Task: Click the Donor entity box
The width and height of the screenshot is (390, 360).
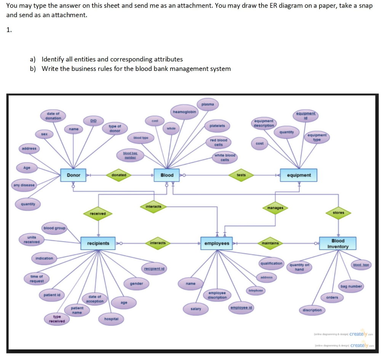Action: point(74,175)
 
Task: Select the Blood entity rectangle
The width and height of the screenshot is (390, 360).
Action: point(167,175)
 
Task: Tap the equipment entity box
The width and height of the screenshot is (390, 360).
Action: point(299,175)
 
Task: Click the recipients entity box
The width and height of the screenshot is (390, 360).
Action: point(98,243)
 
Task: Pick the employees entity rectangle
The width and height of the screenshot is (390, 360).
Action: point(217,243)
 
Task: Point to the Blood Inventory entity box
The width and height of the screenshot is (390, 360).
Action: point(338,243)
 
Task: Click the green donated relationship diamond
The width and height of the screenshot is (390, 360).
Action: point(119,175)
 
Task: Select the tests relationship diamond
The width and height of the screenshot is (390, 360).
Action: point(241,175)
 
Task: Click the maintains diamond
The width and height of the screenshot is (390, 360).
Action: point(270,243)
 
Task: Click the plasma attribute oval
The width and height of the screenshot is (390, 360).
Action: point(208,104)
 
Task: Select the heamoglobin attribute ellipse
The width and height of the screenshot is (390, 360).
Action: point(184,112)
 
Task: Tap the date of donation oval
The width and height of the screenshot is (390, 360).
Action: point(53,116)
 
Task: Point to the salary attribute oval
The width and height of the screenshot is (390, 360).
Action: point(196,309)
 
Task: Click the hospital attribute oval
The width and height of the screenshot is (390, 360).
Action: point(111,318)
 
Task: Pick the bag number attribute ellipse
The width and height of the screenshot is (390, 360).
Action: point(350,286)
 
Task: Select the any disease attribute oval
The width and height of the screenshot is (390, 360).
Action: point(24,185)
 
